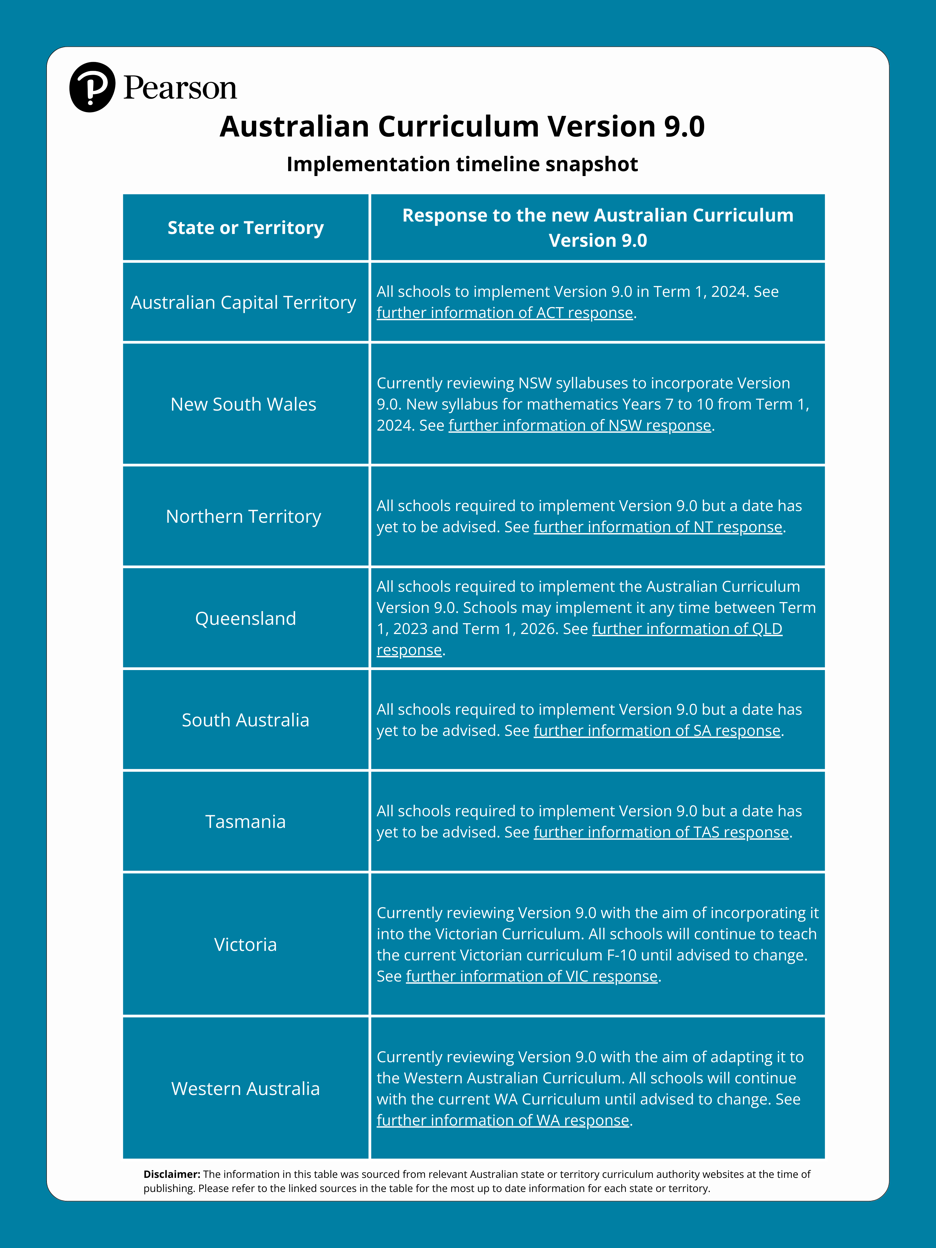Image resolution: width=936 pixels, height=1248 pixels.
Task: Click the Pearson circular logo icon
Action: [92, 87]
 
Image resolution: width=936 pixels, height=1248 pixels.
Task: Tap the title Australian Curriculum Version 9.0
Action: [462, 126]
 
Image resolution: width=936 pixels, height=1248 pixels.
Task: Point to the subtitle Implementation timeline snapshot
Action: [462, 164]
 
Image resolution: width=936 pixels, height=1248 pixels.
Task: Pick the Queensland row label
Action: [245, 618]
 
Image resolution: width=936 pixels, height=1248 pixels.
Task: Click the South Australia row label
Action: [245, 720]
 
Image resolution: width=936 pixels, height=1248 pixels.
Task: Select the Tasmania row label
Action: [245, 821]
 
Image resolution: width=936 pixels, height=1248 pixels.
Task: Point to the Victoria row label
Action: [245, 944]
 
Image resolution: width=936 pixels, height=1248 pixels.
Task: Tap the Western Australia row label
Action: [245, 1088]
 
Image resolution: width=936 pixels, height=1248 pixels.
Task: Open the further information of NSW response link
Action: [579, 425]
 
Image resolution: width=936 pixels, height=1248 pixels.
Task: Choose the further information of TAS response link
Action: [661, 832]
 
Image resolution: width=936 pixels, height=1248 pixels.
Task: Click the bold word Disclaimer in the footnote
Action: [171, 1174]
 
